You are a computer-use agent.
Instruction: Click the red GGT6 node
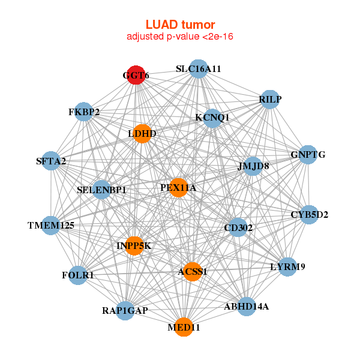[x=136, y=75]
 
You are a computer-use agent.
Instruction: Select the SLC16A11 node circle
[x=198, y=69]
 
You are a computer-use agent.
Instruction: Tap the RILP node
[x=270, y=100]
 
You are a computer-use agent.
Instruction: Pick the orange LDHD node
[x=142, y=133]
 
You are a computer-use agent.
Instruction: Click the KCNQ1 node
[x=212, y=118]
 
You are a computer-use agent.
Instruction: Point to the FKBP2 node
[x=84, y=112]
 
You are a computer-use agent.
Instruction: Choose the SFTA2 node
[x=51, y=161]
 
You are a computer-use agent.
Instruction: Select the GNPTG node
[x=308, y=155]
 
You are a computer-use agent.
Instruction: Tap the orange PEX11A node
[x=178, y=188]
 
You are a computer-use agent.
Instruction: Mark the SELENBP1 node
[x=101, y=190]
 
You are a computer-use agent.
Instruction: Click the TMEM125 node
[x=51, y=226]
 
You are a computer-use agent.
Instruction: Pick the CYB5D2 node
[x=309, y=214]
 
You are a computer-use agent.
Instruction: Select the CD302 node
[x=238, y=227]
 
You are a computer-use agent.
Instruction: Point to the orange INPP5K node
[x=134, y=245]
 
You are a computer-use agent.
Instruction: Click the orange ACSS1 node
[x=192, y=272]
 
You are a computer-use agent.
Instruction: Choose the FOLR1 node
[x=78, y=275]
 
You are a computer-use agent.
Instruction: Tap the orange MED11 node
[x=184, y=328]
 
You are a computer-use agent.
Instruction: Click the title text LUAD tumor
[x=180, y=25]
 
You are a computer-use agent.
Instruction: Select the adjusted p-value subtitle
[x=180, y=37]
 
